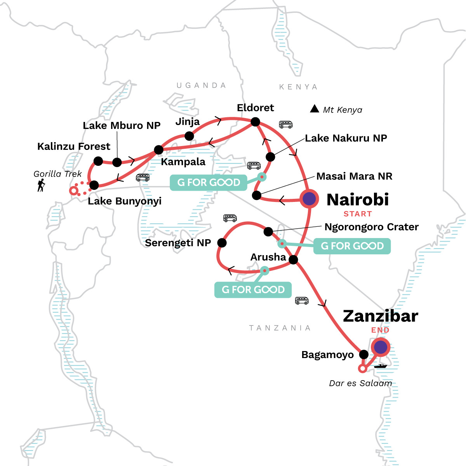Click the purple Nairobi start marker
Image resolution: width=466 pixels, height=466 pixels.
(309, 199)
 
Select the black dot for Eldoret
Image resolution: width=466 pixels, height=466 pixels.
(255, 122)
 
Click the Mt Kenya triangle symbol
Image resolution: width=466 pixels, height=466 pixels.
(315, 109)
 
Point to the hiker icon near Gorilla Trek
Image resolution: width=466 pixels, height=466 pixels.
(41, 185)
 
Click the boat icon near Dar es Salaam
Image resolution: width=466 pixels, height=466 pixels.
(381, 366)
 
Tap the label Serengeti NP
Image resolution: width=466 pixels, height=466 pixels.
(178, 243)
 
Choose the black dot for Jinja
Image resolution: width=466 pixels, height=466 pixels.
(189, 136)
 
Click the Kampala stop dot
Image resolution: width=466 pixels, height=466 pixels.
(158, 150)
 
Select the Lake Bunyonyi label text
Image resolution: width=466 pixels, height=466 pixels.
(124, 201)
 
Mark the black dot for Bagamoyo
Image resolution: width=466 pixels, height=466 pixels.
(363, 354)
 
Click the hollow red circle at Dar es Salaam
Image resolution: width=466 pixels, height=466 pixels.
(362, 368)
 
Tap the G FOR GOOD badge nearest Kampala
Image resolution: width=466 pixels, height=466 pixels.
(209, 183)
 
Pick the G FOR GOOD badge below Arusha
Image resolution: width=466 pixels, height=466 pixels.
(253, 290)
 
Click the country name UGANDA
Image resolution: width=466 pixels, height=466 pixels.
(201, 85)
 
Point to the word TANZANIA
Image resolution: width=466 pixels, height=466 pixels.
(280, 328)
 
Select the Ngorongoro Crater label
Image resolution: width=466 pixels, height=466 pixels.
(371, 227)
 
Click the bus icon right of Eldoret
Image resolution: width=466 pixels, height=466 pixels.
(286, 125)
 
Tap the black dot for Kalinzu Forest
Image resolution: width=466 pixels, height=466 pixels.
(98, 161)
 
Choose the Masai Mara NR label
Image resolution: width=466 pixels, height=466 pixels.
(354, 176)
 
